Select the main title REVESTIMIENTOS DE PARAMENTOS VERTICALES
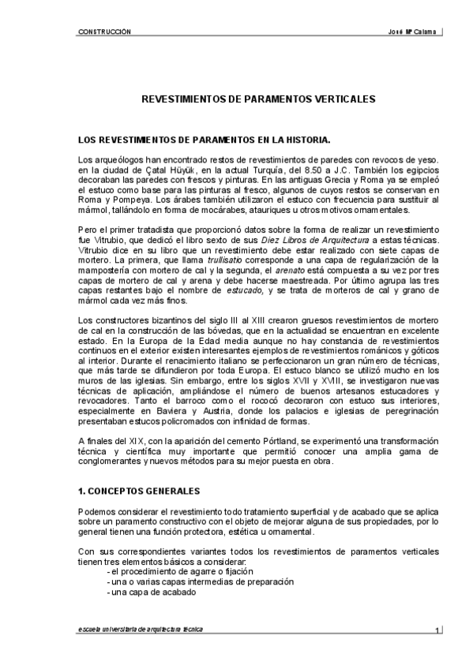[236, 100]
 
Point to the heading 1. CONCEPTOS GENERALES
[139, 491]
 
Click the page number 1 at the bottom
[437, 630]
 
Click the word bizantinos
[160, 320]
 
